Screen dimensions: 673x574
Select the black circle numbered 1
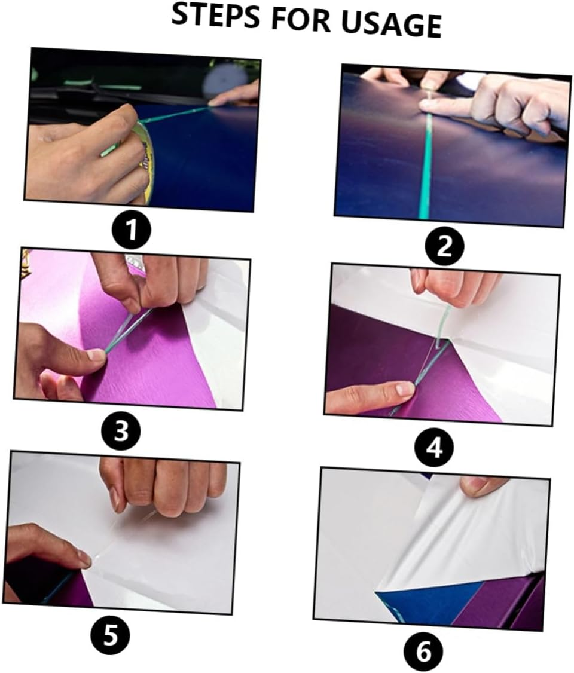[132, 230]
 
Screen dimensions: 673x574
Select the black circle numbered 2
[444, 246]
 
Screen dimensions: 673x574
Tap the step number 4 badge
[435, 447]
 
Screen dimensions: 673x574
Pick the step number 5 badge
[111, 635]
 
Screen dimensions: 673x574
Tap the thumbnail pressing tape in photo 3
[96, 355]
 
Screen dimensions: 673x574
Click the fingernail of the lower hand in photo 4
[405, 389]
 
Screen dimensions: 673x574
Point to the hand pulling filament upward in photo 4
[454, 286]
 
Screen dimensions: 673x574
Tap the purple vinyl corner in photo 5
[78, 592]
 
